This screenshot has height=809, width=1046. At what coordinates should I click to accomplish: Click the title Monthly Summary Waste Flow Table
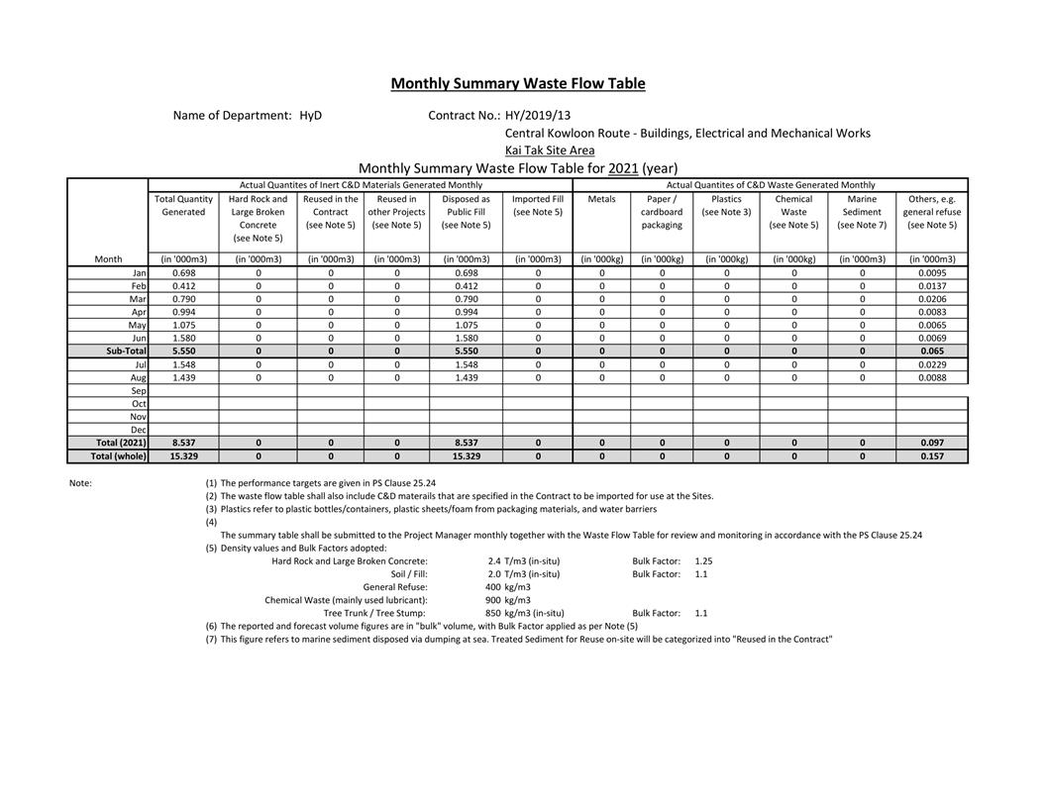coord(517,83)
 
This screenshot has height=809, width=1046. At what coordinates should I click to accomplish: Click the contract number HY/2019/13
coord(538,115)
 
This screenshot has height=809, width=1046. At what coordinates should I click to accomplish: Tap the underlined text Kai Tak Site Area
coord(550,151)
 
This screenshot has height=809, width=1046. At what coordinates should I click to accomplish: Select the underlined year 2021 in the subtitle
coord(623,168)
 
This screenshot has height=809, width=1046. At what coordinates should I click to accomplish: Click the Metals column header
coord(601,199)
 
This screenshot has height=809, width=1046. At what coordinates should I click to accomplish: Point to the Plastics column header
coord(726,199)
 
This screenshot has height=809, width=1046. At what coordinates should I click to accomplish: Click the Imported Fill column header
coord(538,205)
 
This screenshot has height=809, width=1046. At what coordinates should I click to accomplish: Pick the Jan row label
coord(139,272)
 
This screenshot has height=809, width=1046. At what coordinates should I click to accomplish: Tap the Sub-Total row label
coord(126,351)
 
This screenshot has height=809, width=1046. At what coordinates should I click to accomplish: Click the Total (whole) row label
coord(118,456)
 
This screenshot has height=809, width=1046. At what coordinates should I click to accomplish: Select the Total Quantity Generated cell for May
coord(183,325)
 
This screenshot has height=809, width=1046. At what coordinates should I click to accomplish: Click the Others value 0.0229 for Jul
coord(931,364)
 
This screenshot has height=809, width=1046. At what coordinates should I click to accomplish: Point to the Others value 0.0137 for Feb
coord(931,285)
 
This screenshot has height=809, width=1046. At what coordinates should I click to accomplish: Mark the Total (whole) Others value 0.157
coord(931,456)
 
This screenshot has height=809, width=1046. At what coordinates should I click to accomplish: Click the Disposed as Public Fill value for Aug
coord(466,377)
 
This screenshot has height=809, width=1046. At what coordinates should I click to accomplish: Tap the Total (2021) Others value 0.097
coord(931,443)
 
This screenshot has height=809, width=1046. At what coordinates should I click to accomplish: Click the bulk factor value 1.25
coord(703,561)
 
